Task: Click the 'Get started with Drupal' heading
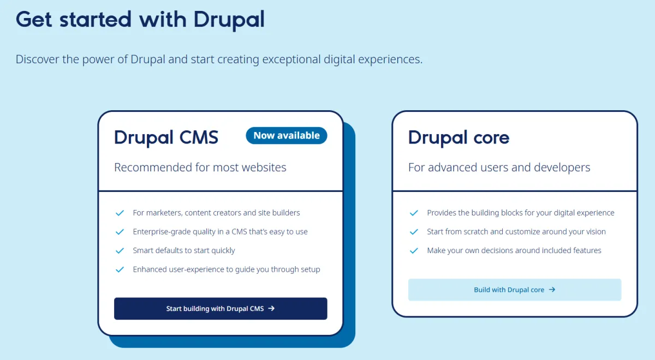(140, 20)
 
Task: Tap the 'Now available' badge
(287, 136)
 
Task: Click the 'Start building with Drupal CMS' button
(221, 309)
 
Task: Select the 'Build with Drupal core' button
(515, 290)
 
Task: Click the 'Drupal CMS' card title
(166, 137)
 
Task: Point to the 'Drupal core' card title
(458, 137)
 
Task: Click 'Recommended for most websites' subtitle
(200, 167)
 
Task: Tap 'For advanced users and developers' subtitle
(499, 167)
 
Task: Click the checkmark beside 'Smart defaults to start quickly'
(120, 251)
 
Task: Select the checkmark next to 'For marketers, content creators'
(120, 213)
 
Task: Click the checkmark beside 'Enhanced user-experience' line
(120, 269)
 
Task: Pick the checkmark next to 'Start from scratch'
(414, 232)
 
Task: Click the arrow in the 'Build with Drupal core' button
(552, 290)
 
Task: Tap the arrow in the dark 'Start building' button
(271, 308)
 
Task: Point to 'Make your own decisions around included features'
(514, 250)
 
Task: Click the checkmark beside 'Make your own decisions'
(414, 251)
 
